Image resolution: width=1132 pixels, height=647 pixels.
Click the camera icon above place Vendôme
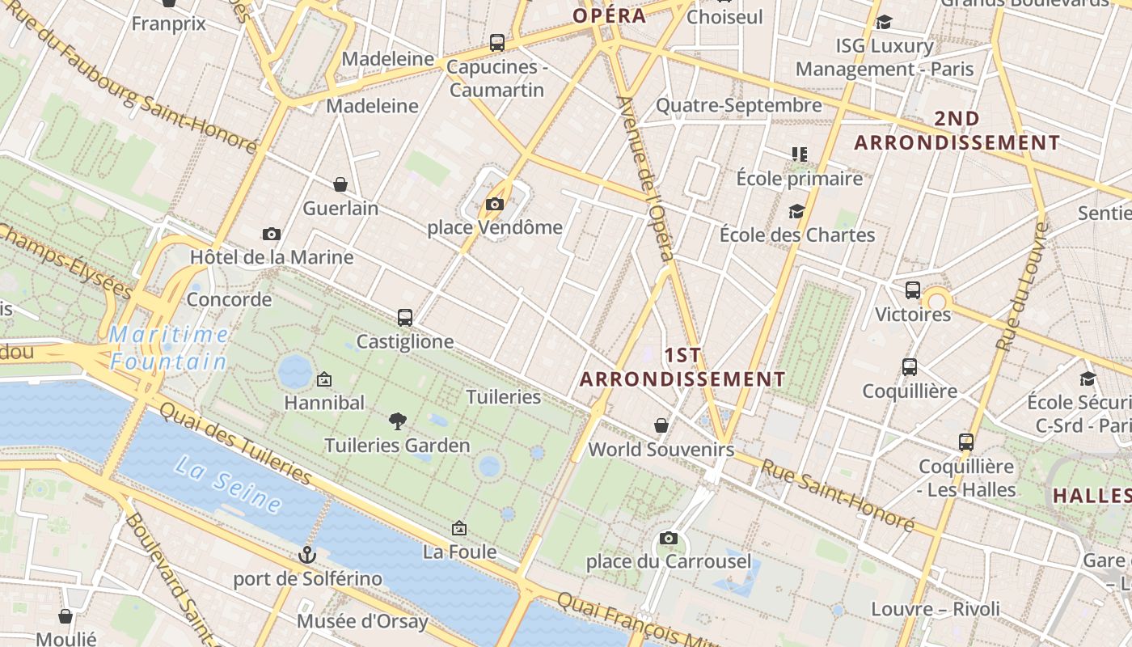click(495, 205)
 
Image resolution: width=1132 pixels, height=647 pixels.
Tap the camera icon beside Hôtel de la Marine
click(272, 235)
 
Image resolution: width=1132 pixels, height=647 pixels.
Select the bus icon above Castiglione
click(405, 318)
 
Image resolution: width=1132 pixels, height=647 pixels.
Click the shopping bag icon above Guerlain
click(340, 184)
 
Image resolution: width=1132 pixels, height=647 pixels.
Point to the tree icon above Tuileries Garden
click(397, 421)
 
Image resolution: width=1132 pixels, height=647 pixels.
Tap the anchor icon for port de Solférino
click(306, 555)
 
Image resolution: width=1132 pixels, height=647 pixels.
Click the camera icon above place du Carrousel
click(668, 538)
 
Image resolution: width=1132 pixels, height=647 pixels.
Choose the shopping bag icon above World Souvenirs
click(661, 425)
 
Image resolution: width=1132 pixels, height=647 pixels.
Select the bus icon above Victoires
click(913, 290)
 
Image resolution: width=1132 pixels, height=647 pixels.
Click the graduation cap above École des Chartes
click(796, 212)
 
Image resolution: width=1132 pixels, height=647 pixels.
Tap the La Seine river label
click(228, 484)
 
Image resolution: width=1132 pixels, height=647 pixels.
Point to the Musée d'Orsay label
click(362, 621)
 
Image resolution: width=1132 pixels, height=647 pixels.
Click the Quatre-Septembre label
click(738, 105)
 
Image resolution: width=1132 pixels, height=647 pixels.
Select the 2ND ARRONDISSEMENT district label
click(957, 130)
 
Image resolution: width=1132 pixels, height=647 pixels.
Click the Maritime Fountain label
click(168, 347)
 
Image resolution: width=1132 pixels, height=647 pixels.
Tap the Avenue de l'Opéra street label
click(646, 179)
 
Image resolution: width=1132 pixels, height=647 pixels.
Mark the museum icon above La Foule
click(459, 528)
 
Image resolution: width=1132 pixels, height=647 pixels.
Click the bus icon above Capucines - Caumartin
click(497, 42)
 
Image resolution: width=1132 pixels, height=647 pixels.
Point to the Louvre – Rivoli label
click(936, 609)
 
